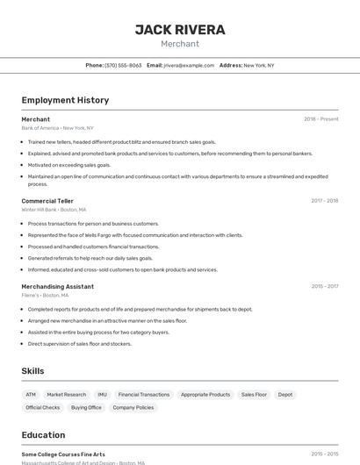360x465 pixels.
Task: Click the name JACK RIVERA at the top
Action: (180, 30)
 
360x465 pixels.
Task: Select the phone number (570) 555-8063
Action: (123, 65)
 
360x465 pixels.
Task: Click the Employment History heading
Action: (65, 100)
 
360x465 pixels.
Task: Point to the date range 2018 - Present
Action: (320, 119)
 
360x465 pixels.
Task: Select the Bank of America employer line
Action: (57, 128)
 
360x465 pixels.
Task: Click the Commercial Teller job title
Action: (47, 201)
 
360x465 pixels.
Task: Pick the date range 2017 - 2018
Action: (324, 201)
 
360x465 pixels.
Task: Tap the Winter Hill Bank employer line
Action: (54, 210)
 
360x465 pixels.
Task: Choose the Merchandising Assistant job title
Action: (57, 286)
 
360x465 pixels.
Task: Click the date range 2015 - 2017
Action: (324, 286)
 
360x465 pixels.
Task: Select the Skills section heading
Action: (32, 371)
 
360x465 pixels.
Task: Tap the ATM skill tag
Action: (31, 395)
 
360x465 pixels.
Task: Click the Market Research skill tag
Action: (67, 395)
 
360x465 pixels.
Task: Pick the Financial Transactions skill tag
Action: (144, 395)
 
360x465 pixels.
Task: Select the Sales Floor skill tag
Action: (254, 395)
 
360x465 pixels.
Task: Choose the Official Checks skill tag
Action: (43, 407)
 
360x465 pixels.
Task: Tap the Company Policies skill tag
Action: (133, 407)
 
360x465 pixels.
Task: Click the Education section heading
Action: (43, 435)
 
